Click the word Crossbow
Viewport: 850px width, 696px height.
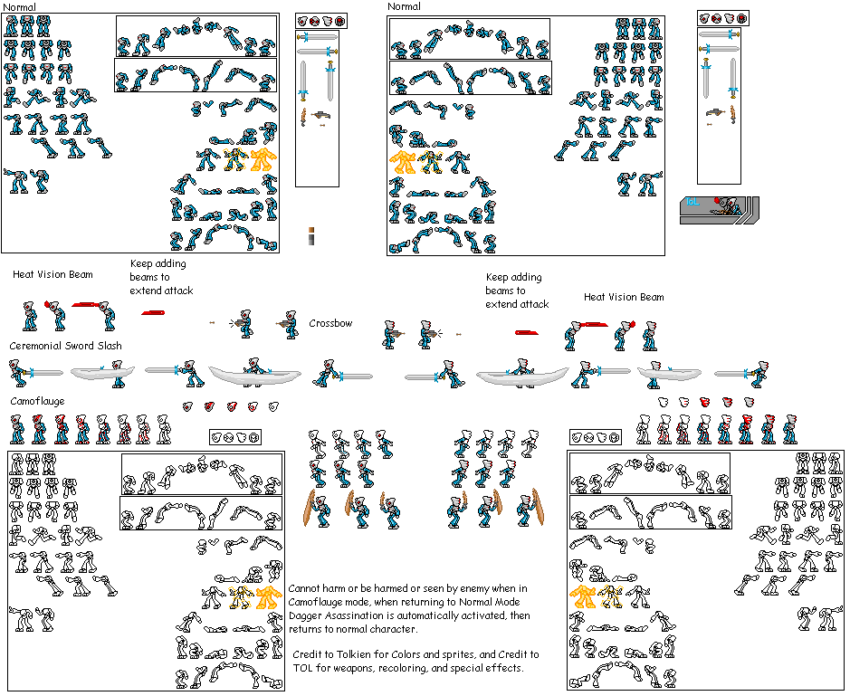pos(330,323)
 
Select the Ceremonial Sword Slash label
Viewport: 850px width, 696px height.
pos(65,346)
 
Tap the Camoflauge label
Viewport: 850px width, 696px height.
pos(37,400)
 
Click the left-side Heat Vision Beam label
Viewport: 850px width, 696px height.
pos(53,274)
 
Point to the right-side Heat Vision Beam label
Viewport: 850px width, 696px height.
pos(623,297)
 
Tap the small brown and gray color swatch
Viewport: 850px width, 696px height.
pos(311,235)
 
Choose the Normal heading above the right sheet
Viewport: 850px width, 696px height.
pos(404,6)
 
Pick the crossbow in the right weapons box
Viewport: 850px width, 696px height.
pos(716,112)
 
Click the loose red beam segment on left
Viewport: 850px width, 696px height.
pos(152,312)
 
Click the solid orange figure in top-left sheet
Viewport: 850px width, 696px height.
pos(263,160)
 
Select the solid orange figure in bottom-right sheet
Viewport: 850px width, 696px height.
pos(582,596)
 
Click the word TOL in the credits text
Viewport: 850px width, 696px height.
pos(303,668)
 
